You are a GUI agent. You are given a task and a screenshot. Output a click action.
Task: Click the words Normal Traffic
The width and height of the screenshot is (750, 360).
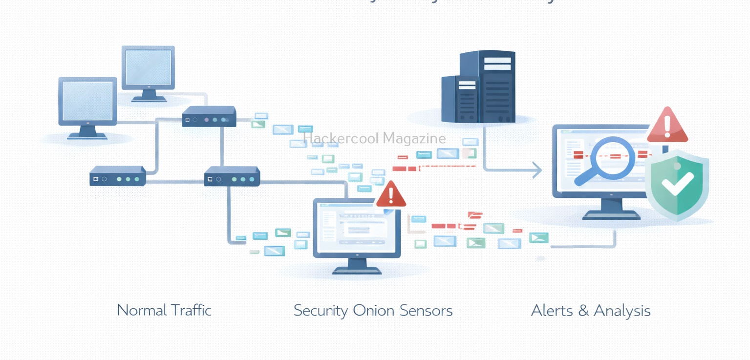point(164,310)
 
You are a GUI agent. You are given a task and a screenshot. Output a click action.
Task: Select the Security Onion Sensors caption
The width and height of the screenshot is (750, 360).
point(373,311)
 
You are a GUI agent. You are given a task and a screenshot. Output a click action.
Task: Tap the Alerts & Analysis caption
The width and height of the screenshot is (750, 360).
point(590,311)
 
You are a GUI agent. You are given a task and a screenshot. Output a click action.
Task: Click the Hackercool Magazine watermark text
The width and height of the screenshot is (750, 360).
point(374,139)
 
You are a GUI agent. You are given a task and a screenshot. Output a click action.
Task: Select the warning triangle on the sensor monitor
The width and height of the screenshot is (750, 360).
point(391,195)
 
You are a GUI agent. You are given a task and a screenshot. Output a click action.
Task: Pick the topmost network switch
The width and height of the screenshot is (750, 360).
point(209,117)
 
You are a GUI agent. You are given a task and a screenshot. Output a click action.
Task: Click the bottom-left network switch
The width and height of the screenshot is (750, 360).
point(118,176)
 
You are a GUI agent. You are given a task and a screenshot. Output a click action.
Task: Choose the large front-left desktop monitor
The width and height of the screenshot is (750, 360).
point(87,103)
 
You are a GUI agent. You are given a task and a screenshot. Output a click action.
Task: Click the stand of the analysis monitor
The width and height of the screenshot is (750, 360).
point(611,210)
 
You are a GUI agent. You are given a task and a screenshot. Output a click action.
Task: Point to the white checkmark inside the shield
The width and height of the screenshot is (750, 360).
point(677,185)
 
